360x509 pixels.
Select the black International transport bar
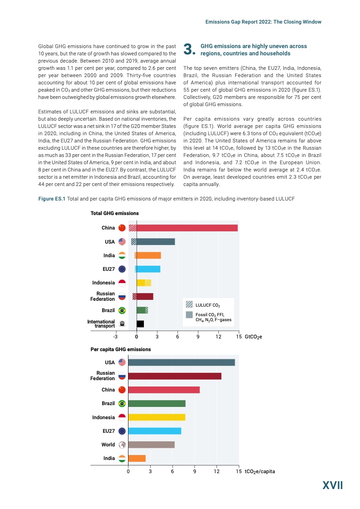140,324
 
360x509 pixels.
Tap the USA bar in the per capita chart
181,362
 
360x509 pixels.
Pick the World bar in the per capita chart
151,445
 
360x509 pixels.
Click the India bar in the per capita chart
137,458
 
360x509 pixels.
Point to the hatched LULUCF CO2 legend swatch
189,303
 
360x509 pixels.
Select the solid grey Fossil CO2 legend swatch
189,314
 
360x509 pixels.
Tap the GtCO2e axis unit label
253,337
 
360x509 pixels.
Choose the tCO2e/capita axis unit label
259,471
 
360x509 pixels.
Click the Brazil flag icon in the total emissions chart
122,310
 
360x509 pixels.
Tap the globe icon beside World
122,445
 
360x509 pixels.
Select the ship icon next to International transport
122,324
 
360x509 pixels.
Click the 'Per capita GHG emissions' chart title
120,349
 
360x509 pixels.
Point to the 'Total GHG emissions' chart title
114,213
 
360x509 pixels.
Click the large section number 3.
188,50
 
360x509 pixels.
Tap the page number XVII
332,486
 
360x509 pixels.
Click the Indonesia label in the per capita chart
103,417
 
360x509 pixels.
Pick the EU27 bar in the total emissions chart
148,269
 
